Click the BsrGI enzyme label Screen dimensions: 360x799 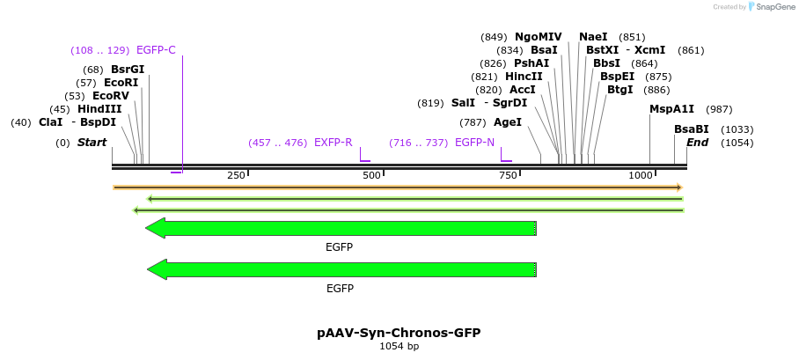coord(128,70)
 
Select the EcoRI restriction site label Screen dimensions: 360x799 coord(121,83)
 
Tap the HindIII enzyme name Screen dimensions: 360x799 coord(99,109)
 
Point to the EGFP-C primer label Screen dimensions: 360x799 coord(156,50)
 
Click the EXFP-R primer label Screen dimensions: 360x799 coord(333,143)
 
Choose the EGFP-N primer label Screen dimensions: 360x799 coord(474,143)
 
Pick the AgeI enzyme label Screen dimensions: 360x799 coord(508,122)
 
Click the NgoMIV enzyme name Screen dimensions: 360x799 coord(538,37)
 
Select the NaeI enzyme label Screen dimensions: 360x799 coord(593,37)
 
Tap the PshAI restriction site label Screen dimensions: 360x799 coord(531,63)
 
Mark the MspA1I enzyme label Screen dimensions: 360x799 coord(671,109)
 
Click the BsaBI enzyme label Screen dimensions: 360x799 coord(692,129)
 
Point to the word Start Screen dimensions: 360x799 coord(92,143)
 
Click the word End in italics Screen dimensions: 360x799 coord(697,143)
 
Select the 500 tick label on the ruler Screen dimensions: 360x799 coord(372,176)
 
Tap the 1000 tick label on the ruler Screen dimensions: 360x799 coord(641,176)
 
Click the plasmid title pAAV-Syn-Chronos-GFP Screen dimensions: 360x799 coord(399,334)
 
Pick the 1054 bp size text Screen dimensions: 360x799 coord(399,347)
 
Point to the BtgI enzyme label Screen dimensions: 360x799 coord(619,90)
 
